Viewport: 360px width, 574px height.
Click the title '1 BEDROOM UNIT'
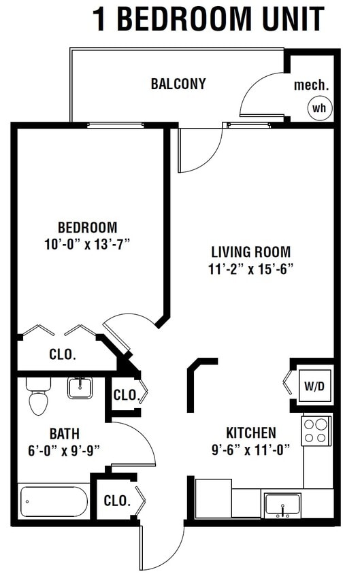[x=208, y=20]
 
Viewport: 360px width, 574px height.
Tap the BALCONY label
[x=178, y=84]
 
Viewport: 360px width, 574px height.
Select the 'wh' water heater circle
[x=318, y=107]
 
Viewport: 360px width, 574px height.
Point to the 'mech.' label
[x=311, y=86]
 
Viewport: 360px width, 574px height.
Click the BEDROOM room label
[x=87, y=228]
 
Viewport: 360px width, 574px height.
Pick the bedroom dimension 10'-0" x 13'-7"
[x=87, y=245]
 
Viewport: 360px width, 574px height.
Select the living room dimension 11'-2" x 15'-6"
[x=250, y=269]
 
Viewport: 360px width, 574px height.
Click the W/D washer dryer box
[x=313, y=386]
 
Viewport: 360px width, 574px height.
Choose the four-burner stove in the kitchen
[x=316, y=430]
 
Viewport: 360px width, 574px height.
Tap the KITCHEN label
[x=251, y=433]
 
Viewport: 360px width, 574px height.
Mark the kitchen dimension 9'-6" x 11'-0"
[x=251, y=450]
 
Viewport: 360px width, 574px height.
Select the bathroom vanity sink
[x=80, y=388]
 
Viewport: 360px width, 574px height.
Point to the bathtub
[x=54, y=501]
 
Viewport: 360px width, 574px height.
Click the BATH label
[x=64, y=433]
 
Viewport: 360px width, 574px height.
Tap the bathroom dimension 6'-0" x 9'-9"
[x=64, y=450]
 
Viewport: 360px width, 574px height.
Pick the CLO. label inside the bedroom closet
[x=63, y=354]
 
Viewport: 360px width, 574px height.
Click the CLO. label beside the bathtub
[x=117, y=501]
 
